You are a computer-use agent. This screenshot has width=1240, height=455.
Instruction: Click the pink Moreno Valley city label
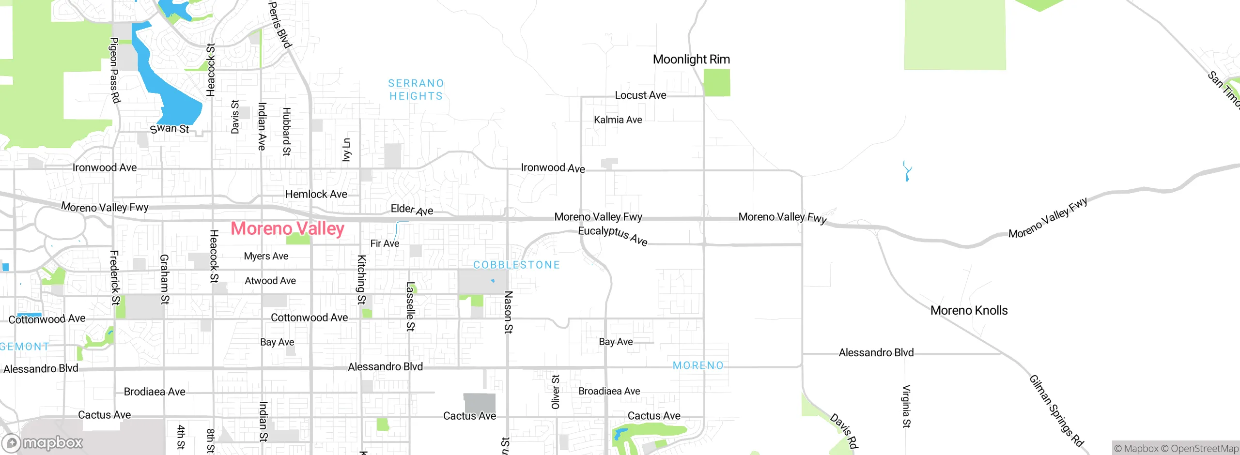(x=287, y=228)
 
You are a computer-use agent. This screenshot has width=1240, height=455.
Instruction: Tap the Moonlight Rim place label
(x=691, y=60)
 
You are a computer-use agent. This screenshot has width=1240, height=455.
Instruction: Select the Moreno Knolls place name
(x=969, y=310)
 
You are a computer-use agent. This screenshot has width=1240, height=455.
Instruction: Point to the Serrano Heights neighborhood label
(x=416, y=90)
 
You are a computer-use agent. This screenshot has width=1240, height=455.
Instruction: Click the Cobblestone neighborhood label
(x=516, y=265)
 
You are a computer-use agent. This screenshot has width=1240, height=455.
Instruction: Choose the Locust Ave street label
(x=640, y=95)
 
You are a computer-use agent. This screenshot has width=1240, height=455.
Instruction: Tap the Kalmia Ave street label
(x=618, y=120)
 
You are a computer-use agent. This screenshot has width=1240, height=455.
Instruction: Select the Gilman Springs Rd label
(x=1056, y=410)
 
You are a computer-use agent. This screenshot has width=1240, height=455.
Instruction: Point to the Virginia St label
(x=906, y=406)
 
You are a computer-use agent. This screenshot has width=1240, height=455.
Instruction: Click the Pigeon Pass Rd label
(x=114, y=70)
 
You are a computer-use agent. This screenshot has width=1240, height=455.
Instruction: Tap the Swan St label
(x=170, y=129)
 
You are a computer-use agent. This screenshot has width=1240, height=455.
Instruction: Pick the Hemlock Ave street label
(x=316, y=194)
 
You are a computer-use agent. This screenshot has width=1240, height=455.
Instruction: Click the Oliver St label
(x=556, y=392)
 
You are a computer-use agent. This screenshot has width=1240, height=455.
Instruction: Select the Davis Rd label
(x=844, y=430)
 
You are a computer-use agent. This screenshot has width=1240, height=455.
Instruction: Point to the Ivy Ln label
(x=346, y=150)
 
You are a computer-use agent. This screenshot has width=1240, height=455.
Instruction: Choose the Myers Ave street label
(x=266, y=256)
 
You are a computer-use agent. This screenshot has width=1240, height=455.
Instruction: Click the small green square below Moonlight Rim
(x=716, y=83)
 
